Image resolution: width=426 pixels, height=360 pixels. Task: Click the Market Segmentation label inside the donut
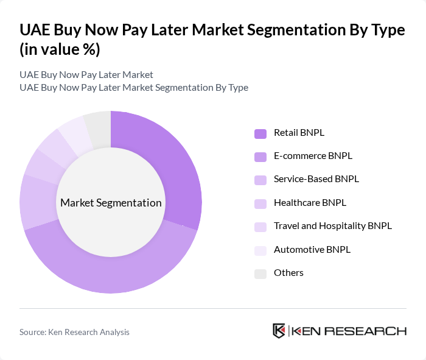(111, 203)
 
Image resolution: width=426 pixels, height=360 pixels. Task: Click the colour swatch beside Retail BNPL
(260, 133)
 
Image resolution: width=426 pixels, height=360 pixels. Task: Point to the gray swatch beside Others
(260, 274)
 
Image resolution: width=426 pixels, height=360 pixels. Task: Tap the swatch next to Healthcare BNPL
(260, 203)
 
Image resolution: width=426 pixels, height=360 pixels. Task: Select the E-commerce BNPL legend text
(313, 156)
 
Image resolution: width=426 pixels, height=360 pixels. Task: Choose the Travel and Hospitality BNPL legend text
(332, 226)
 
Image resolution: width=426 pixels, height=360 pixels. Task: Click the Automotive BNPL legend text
(312, 249)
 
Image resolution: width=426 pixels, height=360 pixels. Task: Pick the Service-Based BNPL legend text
(316, 179)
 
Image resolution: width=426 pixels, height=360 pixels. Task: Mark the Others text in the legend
(288, 273)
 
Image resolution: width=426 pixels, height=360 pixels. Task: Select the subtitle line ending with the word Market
(86, 75)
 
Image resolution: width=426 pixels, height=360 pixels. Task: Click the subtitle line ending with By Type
(133, 87)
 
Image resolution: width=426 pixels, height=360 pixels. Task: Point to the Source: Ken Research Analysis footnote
(74, 332)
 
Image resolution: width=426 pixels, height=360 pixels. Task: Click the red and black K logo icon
(279, 331)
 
